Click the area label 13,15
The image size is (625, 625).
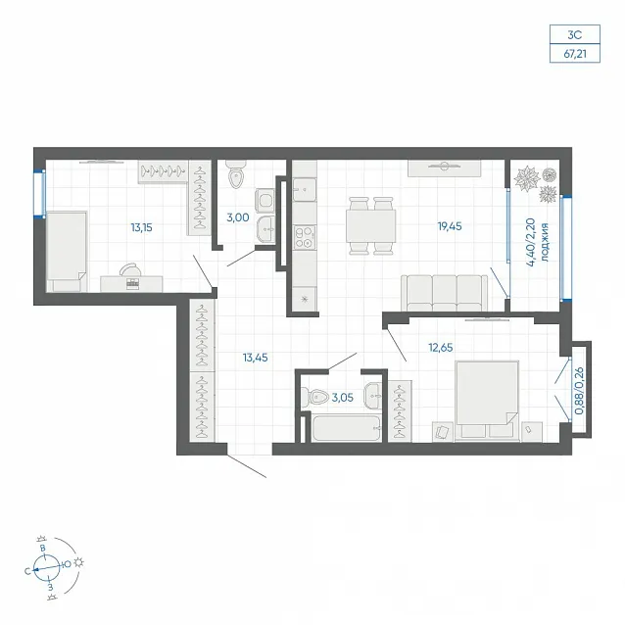tap(141, 227)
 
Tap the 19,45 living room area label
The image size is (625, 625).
tap(450, 226)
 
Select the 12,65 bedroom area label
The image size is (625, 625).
tap(441, 348)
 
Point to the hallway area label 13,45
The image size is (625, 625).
tap(255, 358)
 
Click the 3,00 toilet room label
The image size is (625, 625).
tap(238, 217)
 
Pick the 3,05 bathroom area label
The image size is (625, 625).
tap(343, 398)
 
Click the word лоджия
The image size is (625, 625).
tap(545, 242)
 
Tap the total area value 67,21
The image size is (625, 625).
tap(575, 54)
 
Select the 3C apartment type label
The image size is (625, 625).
tap(575, 35)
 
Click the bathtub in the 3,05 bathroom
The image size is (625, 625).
tap(346, 428)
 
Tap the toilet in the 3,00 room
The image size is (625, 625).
tap(236, 174)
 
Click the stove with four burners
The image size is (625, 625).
tap(305, 237)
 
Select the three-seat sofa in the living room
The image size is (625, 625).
tap(444, 293)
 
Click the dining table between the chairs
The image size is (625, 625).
tap(370, 225)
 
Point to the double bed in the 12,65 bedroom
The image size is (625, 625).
tap(487, 401)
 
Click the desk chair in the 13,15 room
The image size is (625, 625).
tap(130, 269)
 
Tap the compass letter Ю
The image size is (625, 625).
tap(67, 564)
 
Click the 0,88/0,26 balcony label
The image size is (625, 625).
tap(580, 391)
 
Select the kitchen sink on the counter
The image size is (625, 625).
tap(305, 189)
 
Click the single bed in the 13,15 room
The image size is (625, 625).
tap(67, 252)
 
